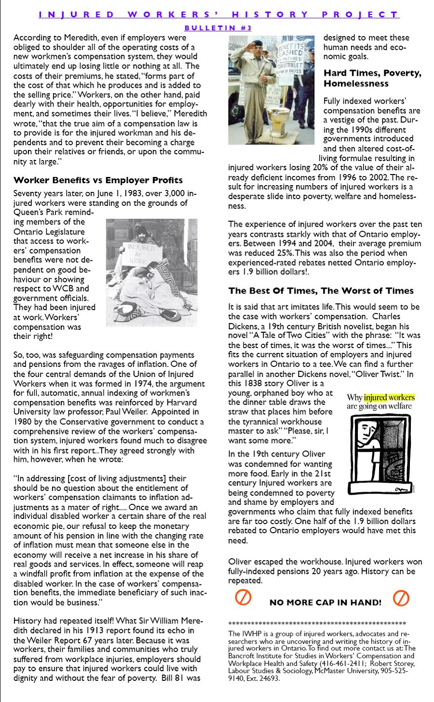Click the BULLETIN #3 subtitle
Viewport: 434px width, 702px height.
click(218, 28)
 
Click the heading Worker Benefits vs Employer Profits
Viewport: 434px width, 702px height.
click(98, 180)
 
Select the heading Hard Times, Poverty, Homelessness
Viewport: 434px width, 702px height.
click(372, 78)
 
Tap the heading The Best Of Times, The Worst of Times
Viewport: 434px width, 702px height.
click(321, 291)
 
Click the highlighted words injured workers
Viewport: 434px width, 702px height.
click(389, 397)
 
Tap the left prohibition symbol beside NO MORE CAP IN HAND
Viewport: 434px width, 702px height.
click(243, 598)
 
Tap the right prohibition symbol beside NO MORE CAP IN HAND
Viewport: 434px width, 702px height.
click(401, 598)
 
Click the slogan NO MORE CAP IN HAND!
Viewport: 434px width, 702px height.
click(325, 603)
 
